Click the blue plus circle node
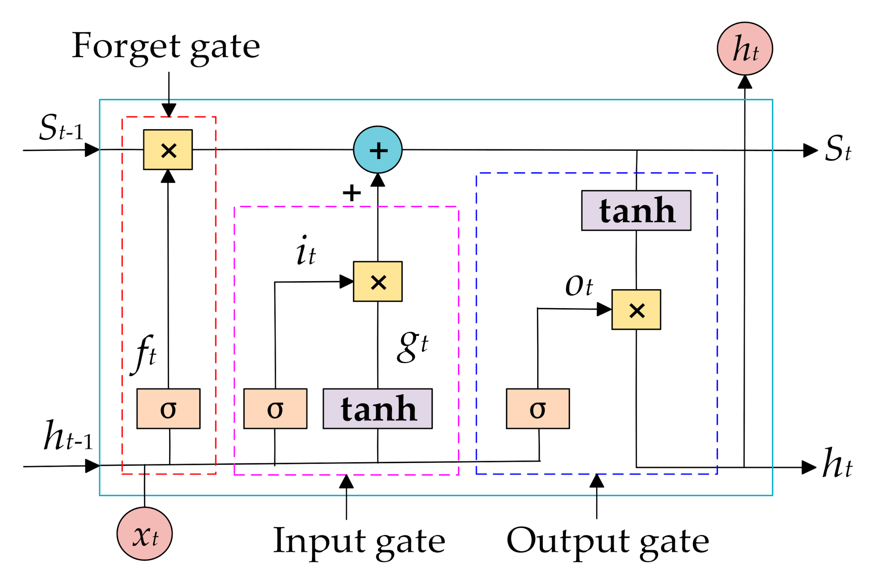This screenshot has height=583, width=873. (x=378, y=150)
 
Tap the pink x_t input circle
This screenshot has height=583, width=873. (x=145, y=533)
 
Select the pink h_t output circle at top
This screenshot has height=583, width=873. (x=745, y=49)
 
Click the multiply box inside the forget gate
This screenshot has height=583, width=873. (x=168, y=150)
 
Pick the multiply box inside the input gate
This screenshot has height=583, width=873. (x=378, y=282)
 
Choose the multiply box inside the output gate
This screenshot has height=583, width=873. (x=636, y=310)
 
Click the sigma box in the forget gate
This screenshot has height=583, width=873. (x=168, y=409)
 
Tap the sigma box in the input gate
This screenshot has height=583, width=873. (x=275, y=409)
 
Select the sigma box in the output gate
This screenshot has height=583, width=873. (x=538, y=409)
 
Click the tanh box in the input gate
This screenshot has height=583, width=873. (x=378, y=409)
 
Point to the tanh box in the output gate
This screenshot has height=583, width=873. (x=636, y=210)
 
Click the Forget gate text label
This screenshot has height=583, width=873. (x=166, y=47)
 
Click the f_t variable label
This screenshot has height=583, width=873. (x=144, y=354)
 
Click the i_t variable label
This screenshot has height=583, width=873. (x=306, y=251)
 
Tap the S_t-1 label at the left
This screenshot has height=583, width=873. (x=61, y=128)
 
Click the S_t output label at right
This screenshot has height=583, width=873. (x=837, y=149)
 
